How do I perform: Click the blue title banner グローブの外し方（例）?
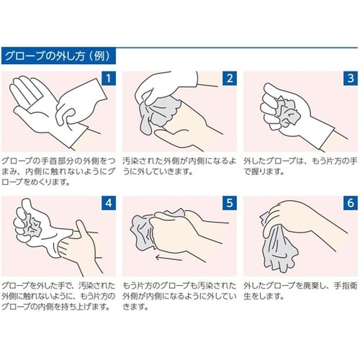(58, 56)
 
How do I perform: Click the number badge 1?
(109, 78)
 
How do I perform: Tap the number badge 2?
(230, 78)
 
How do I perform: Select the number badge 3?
(351, 78)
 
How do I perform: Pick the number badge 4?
(109, 203)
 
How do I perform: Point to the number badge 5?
(230, 203)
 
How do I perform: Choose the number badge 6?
(351, 203)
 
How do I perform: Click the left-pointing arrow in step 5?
(169, 258)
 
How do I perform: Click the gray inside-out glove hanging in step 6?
(279, 247)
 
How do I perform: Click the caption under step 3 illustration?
(300, 166)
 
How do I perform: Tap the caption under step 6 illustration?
(300, 291)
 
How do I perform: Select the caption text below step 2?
(179, 166)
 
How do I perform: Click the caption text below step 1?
(58, 171)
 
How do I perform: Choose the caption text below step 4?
(58, 296)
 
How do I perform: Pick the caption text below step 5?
(179, 296)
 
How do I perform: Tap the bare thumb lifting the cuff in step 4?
(81, 228)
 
